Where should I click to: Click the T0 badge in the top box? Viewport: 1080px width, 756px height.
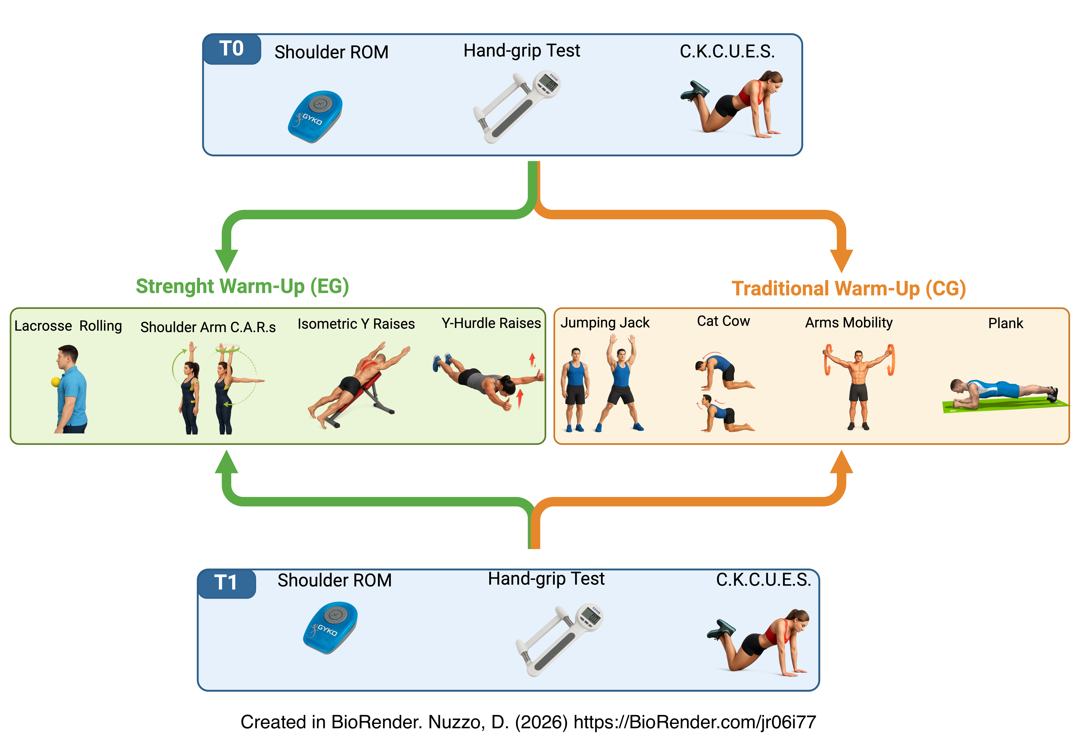(231, 49)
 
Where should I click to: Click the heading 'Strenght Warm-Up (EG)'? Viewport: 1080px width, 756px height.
(242, 286)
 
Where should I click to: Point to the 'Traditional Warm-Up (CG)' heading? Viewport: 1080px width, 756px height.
(849, 288)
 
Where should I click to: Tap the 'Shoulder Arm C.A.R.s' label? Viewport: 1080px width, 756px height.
(208, 327)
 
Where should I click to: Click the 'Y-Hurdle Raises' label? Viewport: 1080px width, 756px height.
(491, 323)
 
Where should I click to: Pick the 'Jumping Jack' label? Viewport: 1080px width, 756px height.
(605, 323)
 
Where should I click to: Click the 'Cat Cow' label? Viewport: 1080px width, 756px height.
(723, 321)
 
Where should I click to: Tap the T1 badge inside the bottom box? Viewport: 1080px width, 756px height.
(226, 583)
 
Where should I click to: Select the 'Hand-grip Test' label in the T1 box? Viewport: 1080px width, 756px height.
(546, 579)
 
